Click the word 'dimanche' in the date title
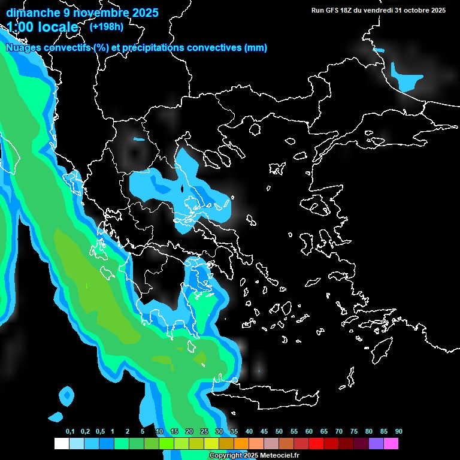[34, 12]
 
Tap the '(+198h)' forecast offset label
[106, 26]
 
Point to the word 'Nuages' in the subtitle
[23, 48]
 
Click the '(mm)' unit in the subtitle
[256, 48]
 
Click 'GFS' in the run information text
[332, 10]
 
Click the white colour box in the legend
[61, 444]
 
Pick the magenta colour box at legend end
[391, 444]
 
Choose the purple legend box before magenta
[376, 444]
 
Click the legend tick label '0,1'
[70, 431]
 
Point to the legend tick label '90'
[399, 431]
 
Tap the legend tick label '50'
[279, 431]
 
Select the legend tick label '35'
[234, 431]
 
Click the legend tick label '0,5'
[100, 431]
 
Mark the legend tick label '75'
[354, 431]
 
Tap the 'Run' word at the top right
[318, 10]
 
